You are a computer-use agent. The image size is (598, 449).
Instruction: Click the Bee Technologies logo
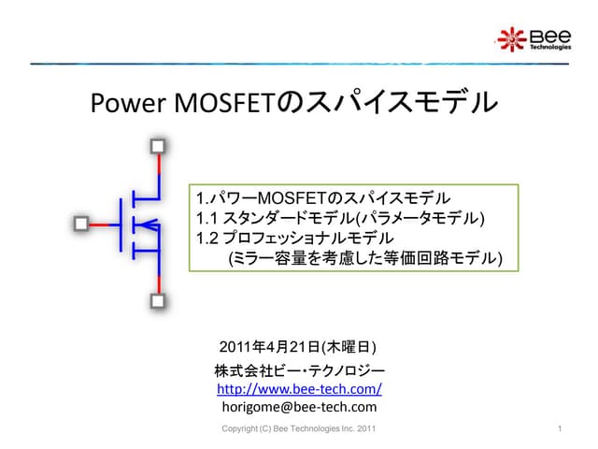click(533, 38)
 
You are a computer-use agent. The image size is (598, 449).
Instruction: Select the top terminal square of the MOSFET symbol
click(158, 146)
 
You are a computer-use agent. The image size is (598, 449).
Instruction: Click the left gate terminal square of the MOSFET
click(80, 224)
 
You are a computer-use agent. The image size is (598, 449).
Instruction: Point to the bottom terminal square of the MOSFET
click(158, 301)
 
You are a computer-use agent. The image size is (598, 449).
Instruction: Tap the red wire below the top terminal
click(158, 170)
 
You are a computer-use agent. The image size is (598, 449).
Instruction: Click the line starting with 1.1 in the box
click(341, 219)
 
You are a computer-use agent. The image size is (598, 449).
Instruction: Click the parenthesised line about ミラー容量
click(365, 258)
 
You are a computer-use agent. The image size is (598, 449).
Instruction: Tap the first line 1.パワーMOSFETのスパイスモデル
click(323, 199)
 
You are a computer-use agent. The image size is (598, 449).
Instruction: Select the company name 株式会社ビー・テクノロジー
click(299, 370)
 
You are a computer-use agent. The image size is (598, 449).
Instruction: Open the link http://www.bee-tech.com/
click(299, 388)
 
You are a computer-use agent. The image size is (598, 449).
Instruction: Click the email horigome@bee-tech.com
click(299, 407)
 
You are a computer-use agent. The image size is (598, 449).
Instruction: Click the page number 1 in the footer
click(557, 429)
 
